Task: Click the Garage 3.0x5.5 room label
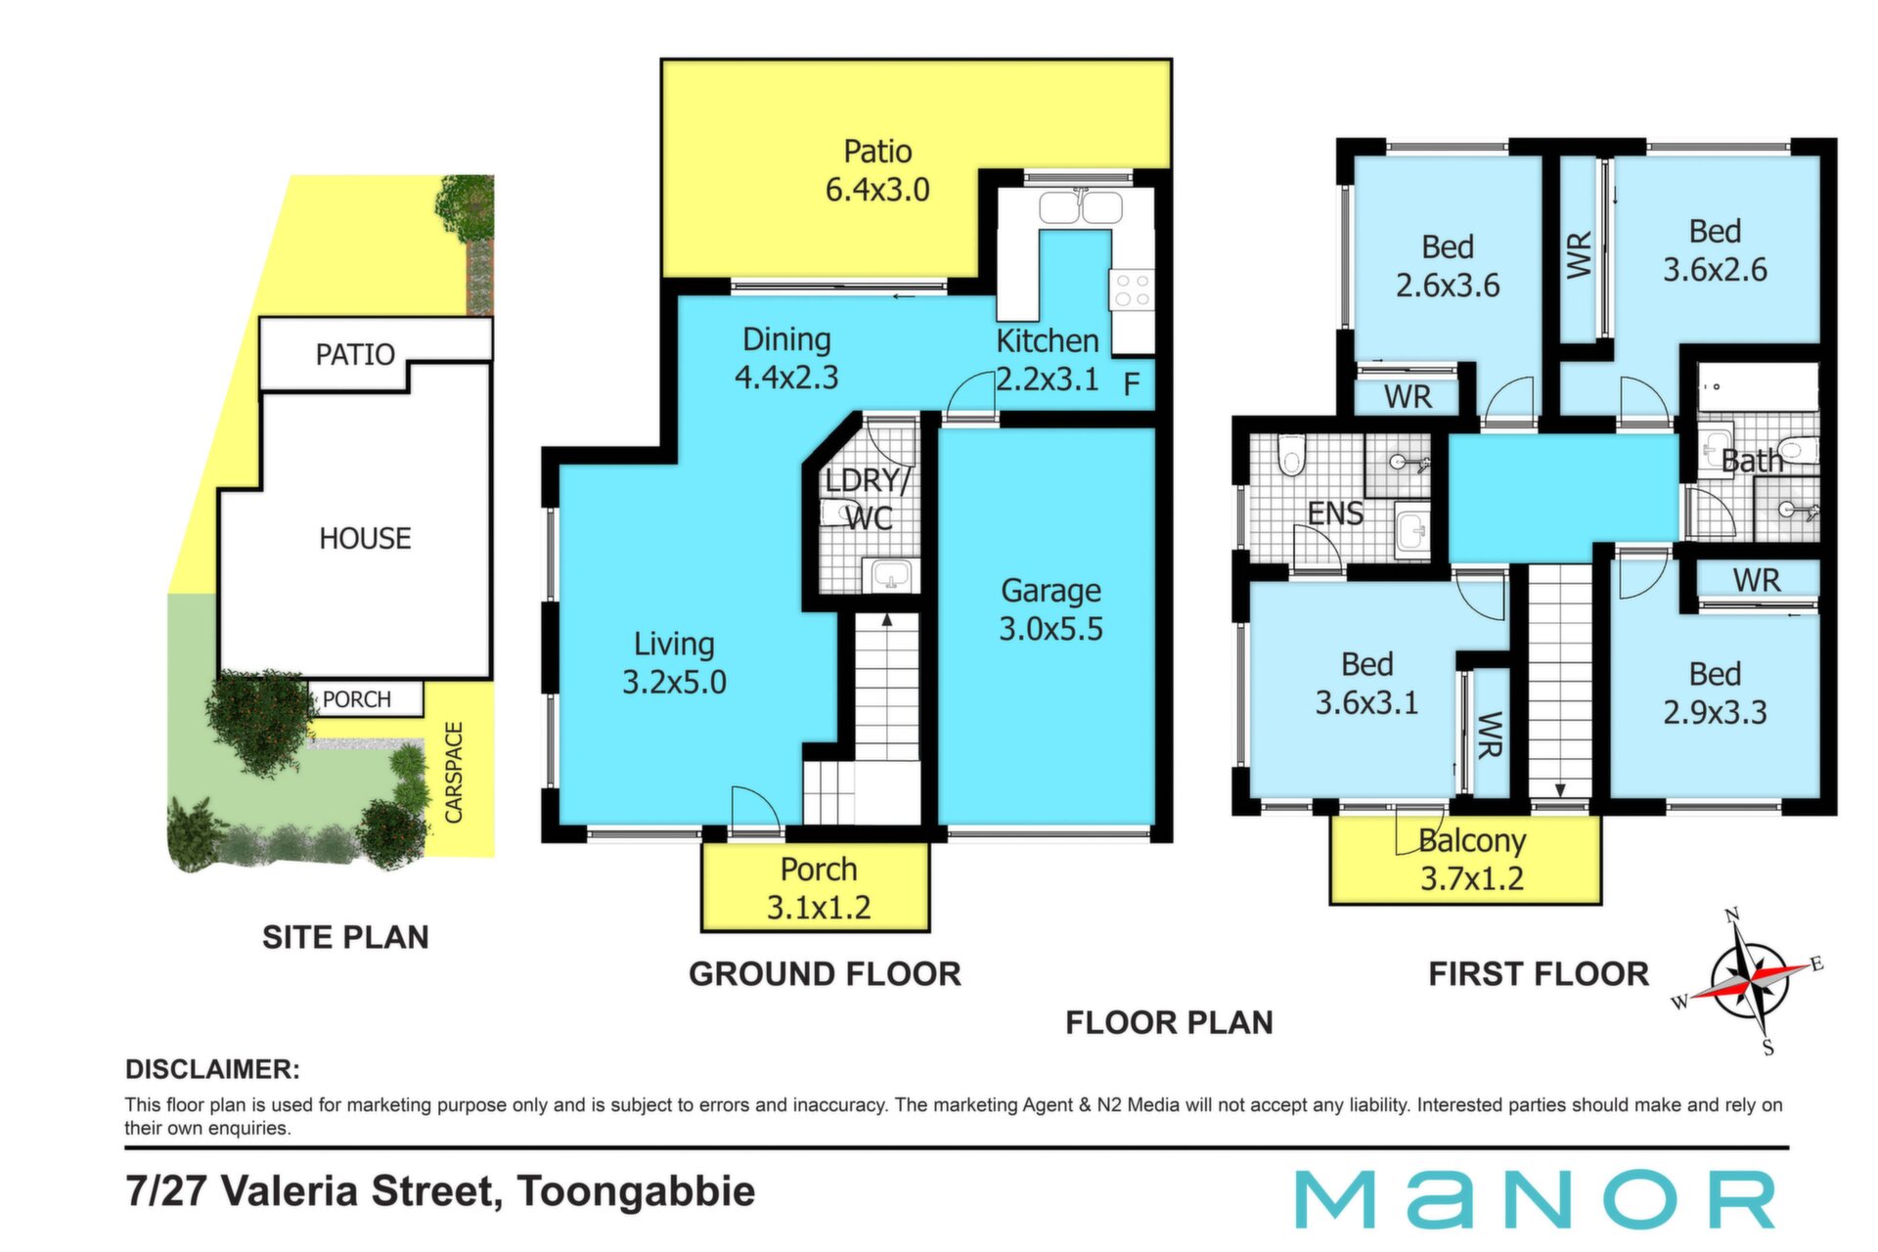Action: (x=1051, y=609)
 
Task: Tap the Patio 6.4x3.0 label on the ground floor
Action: (x=877, y=170)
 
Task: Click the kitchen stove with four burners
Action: (x=1132, y=290)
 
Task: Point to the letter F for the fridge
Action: (x=1132, y=384)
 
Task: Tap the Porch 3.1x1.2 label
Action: (x=818, y=888)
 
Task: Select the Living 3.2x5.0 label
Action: (x=674, y=662)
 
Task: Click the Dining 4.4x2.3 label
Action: (x=786, y=358)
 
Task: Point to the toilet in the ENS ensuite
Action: (x=1291, y=455)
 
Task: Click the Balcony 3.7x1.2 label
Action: (x=1472, y=859)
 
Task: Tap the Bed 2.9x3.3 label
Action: (x=1715, y=693)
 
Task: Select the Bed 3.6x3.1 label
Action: (x=1366, y=683)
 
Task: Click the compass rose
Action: (x=1749, y=979)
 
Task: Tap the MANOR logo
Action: (x=1535, y=1199)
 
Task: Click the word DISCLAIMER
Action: (x=212, y=1069)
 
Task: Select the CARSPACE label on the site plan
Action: (x=454, y=772)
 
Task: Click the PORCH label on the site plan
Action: (x=357, y=699)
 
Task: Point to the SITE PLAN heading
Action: (x=345, y=937)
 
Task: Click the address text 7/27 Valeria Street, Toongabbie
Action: (x=440, y=1191)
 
